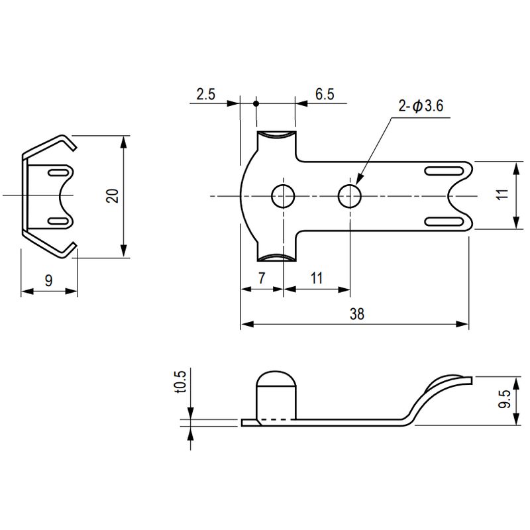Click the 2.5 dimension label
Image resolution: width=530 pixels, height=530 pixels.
pyautogui.click(x=206, y=94)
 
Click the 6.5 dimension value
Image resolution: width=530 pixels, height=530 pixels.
pyautogui.click(x=325, y=94)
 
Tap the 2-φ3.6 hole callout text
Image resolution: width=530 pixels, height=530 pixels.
pyautogui.click(x=421, y=106)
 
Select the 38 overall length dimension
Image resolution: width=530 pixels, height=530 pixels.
pyautogui.click(x=357, y=314)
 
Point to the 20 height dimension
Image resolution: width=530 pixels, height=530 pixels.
pyautogui.click(x=113, y=195)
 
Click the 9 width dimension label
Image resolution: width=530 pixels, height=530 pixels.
pyautogui.click(x=49, y=280)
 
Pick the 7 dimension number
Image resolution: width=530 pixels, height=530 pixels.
pyautogui.click(x=262, y=278)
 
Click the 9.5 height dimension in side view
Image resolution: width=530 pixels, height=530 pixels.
pyautogui.click(x=503, y=399)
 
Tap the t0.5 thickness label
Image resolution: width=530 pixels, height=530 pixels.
pyautogui.click(x=181, y=382)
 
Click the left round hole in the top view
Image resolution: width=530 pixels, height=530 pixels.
pyautogui.click(x=284, y=196)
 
